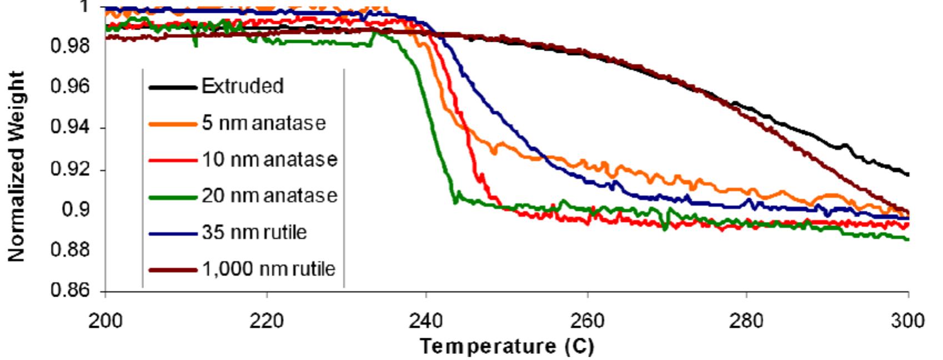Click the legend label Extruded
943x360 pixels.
[242, 86]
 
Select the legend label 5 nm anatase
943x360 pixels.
[263, 123]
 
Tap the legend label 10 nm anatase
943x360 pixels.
[269, 159]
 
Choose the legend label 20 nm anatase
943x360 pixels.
[269, 196]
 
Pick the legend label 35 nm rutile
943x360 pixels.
[254, 232]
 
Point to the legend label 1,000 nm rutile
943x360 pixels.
[268, 269]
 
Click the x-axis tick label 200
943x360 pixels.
[105, 321]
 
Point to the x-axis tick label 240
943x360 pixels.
[426, 321]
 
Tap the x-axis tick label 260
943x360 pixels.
[587, 321]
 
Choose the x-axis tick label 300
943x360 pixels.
[908, 321]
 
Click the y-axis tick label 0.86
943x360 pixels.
[70, 291]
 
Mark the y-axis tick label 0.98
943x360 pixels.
[70, 46]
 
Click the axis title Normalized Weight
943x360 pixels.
[17, 166]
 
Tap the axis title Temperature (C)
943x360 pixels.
[506, 347]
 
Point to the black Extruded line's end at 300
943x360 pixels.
[907, 175]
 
